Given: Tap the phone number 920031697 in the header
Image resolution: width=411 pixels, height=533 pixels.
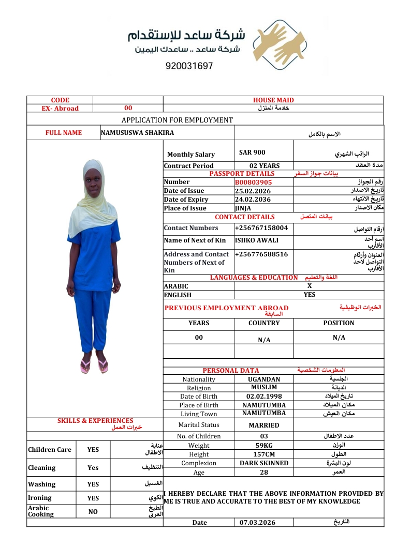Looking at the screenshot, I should pyautogui.click(x=189, y=66).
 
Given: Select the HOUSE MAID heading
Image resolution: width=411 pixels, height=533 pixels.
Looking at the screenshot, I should pyautogui.click(x=273, y=100).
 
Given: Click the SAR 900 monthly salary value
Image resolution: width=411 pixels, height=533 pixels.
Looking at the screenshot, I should pyautogui.click(x=252, y=153).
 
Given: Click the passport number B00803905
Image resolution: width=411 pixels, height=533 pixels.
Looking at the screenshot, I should pyautogui.click(x=254, y=182).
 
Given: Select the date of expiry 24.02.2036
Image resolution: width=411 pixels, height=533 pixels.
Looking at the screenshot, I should pyautogui.click(x=253, y=200).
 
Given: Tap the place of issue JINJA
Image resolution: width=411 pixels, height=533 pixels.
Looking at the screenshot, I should pyautogui.click(x=243, y=208).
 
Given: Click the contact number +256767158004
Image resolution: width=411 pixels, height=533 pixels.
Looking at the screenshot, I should pyautogui.click(x=261, y=228).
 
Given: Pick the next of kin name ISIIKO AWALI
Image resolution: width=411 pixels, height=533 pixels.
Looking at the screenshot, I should pyautogui.click(x=257, y=240).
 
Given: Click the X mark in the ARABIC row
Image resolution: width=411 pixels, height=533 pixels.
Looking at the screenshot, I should pyautogui.click(x=310, y=286).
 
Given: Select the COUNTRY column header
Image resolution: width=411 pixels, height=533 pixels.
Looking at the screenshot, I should pyautogui.click(x=264, y=323).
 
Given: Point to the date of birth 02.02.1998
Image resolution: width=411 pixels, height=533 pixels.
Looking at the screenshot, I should pyautogui.click(x=264, y=397).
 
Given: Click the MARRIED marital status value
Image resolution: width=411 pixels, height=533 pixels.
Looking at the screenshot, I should pyautogui.click(x=264, y=425).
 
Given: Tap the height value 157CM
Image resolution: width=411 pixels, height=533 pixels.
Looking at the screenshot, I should pyautogui.click(x=264, y=454).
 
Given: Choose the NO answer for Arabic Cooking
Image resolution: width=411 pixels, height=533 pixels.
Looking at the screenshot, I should pyautogui.click(x=93, y=511).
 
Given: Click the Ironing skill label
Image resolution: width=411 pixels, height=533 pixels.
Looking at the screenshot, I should pyautogui.click(x=40, y=498).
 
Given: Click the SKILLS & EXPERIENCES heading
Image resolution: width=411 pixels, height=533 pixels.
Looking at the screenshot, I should pyautogui.click(x=95, y=421).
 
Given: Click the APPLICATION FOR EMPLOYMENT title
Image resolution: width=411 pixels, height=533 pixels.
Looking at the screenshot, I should pyautogui.click(x=177, y=120).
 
